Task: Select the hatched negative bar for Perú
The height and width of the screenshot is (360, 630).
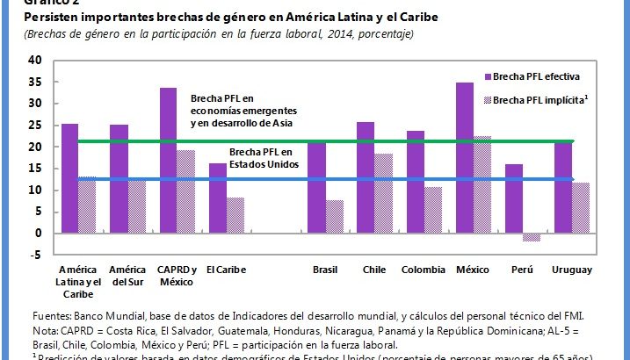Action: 532,237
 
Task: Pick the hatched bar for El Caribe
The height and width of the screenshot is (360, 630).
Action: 235,215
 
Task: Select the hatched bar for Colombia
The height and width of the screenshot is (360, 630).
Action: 431,210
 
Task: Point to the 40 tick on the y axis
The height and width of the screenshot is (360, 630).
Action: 35,61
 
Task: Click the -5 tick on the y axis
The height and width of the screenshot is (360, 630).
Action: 35,256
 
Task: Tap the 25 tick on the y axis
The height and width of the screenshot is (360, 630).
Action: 35,126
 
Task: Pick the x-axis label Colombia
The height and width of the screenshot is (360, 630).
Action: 424,269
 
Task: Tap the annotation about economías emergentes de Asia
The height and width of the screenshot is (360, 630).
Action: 243,111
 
